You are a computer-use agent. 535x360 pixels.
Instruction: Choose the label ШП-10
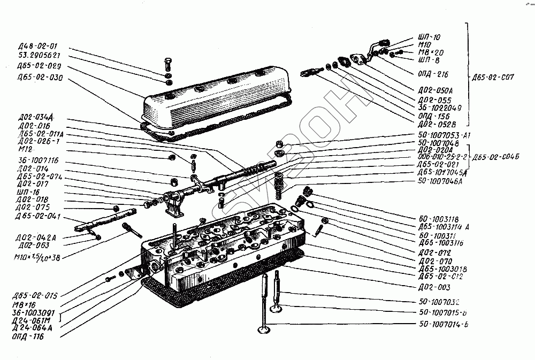[429, 37]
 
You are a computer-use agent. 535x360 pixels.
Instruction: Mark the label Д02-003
[432, 287]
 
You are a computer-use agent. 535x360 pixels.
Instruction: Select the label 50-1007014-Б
[443, 325]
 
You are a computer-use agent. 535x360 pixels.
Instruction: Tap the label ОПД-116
[27, 338]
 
